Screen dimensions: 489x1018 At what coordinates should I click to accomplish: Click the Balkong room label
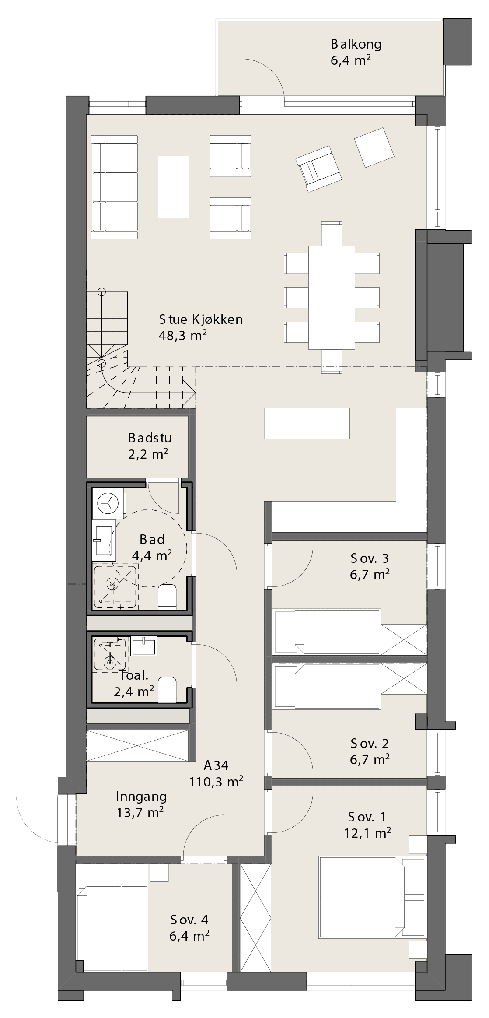tap(356, 44)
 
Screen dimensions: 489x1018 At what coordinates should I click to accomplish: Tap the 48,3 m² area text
tap(182, 336)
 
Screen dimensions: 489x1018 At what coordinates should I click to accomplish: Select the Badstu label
tap(150, 438)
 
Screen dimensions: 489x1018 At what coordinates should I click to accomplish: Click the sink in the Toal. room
tap(143, 646)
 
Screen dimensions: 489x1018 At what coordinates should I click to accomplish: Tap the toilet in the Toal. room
tap(167, 690)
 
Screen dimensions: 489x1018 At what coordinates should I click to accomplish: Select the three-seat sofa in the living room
tap(115, 187)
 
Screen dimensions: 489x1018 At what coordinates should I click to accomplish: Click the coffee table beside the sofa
tap(174, 187)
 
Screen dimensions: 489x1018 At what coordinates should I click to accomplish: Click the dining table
tap(332, 297)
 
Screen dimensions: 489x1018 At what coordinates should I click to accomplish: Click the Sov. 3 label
tap(370, 558)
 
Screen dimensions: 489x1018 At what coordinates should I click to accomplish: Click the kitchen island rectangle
tap(307, 423)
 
